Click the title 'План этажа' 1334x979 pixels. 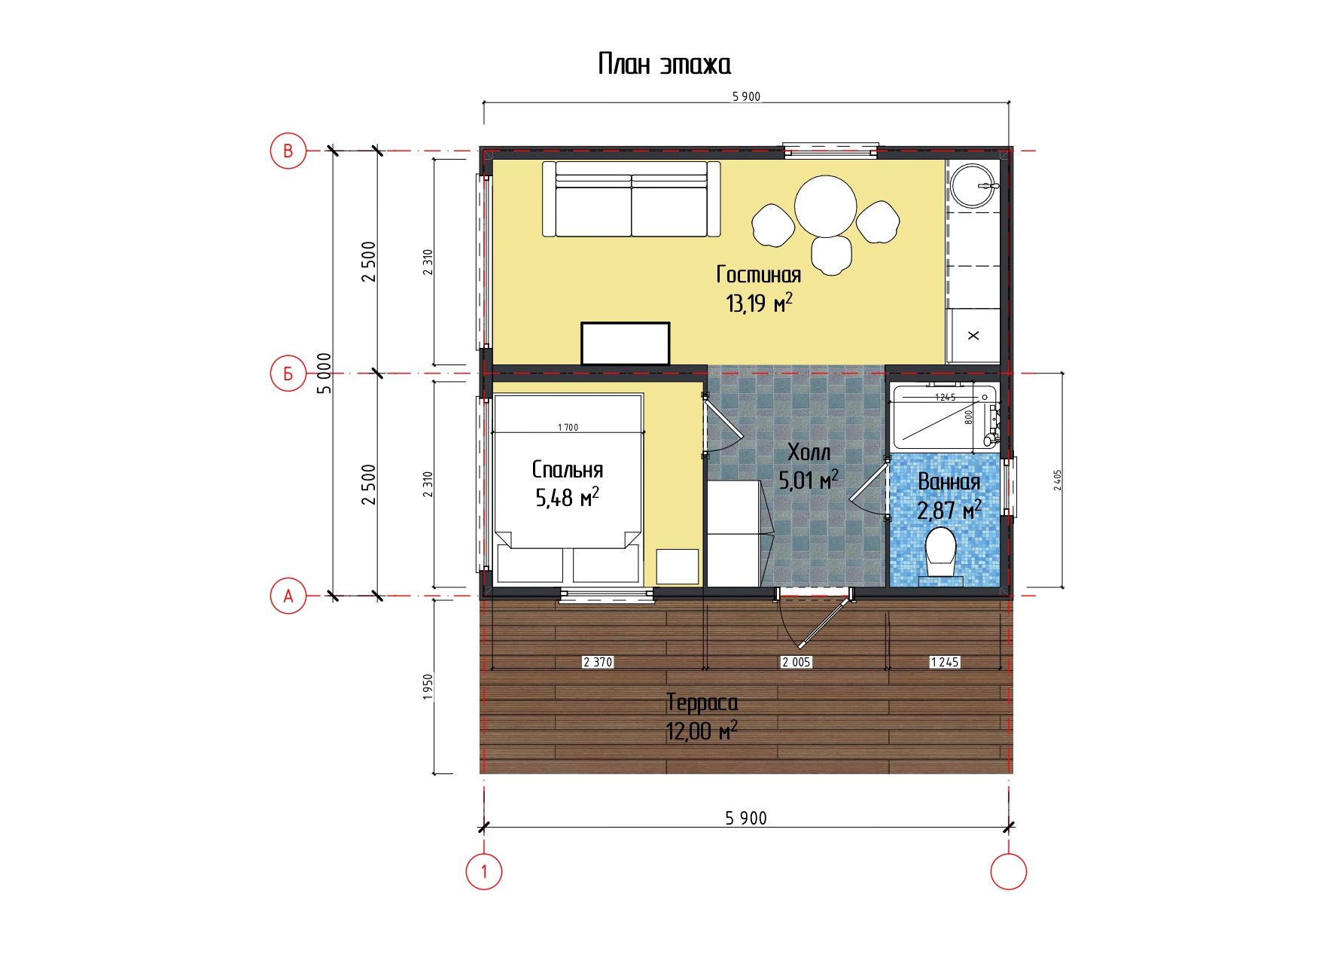pos(664,64)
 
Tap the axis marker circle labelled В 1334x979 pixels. pos(288,151)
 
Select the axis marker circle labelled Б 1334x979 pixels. pos(288,374)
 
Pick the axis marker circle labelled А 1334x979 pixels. pos(288,596)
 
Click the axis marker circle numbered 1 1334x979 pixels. pos(484,871)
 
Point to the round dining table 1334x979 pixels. pos(826,206)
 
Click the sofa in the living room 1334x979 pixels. pos(632,199)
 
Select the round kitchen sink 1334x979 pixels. pos(973,185)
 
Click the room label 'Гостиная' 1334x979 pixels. pos(759,274)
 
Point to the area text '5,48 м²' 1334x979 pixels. pos(568,498)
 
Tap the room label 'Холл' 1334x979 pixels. pos(809,452)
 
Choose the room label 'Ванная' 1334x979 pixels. pos(949,481)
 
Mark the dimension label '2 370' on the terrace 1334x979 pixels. pos(598,662)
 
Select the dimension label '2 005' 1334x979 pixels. pos(796,662)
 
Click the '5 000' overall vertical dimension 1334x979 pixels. pos(324,373)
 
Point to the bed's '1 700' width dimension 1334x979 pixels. pos(568,427)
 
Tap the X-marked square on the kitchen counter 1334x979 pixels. pos(973,336)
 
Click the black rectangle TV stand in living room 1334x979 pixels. pos(626,343)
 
